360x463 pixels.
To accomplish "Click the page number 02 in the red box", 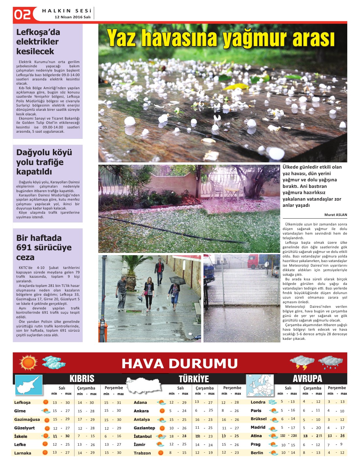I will click(22, 15).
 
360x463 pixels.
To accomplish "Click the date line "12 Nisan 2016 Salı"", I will click(73, 17).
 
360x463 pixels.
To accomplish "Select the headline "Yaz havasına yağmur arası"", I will click(221, 38).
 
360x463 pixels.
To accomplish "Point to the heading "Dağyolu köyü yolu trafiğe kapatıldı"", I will click(44, 162).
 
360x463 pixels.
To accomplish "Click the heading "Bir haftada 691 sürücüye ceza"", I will click(44, 247).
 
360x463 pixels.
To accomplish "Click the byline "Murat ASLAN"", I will click(335, 215).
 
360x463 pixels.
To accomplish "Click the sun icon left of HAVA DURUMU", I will click(28, 363).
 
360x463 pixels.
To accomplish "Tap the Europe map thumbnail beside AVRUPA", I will click(260, 386).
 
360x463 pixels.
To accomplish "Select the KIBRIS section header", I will click(82, 379).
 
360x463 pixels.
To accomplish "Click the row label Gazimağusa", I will click(27, 420).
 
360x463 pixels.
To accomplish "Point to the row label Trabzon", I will click(142, 453).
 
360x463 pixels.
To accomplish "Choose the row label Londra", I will click(258, 402).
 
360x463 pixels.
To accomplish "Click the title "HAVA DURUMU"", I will click(179, 363).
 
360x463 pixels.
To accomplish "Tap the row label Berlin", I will click(257, 453).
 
